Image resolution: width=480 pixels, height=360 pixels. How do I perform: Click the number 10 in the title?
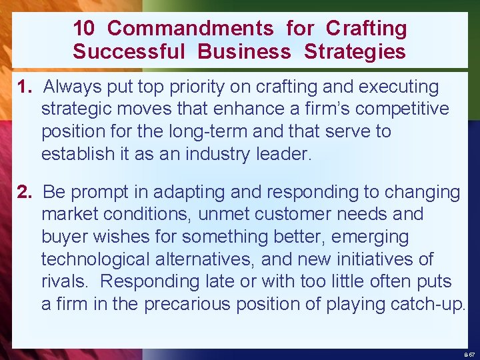84,28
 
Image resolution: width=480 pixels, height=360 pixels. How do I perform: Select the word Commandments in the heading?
190,28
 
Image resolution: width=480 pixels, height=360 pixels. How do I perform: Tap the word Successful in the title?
129,51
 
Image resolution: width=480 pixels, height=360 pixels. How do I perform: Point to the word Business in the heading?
244,51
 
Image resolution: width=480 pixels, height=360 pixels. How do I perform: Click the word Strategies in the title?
355,51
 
